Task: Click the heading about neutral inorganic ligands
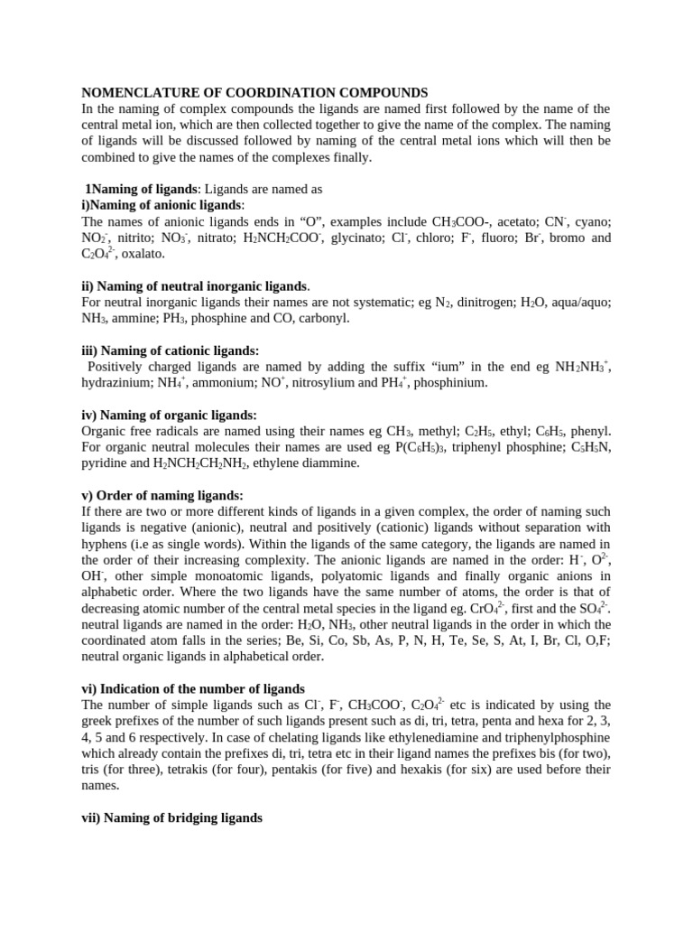(x=196, y=286)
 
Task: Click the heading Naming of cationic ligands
(x=170, y=350)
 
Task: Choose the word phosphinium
(x=450, y=383)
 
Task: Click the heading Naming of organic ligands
(x=169, y=415)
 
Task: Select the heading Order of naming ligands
(x=162, y=495)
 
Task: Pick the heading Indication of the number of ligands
(x=193, y=688)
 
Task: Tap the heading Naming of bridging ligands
(x=171, y=818)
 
